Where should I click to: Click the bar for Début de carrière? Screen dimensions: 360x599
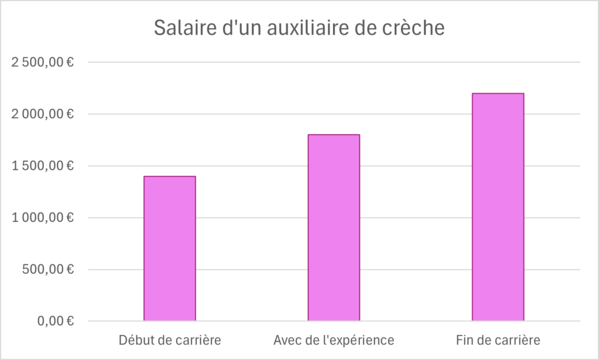169,248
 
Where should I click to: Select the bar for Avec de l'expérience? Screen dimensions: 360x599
334,227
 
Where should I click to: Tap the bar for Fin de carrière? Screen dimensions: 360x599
498,207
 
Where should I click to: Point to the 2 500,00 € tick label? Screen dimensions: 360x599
42,62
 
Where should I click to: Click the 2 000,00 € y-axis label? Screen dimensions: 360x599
42,114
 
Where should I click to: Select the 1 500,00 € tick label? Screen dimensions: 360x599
42,165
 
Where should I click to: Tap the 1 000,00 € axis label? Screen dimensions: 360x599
42,217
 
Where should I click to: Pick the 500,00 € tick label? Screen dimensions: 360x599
48,269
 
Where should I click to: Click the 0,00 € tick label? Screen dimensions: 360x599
54,321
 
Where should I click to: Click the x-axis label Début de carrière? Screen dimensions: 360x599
169,341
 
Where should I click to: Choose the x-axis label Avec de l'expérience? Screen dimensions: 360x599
334,341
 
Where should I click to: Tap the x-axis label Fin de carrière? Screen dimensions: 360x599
498,341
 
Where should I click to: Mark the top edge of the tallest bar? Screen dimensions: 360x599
498,94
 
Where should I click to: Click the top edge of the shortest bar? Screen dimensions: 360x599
169,177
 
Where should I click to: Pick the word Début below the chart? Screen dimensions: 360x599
137,341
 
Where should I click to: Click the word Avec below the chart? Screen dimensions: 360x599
289,341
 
